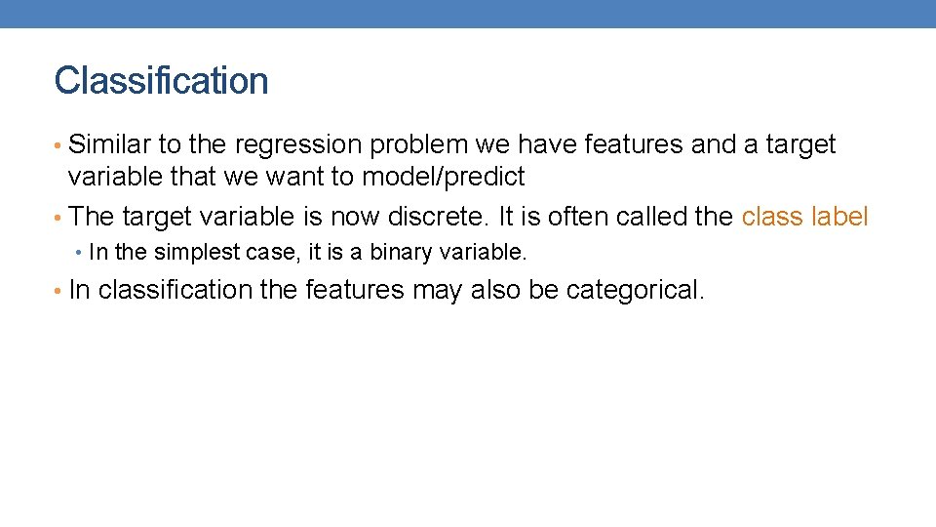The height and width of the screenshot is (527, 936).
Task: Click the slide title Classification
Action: (161, 81)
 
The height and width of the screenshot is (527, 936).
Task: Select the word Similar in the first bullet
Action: (109, 145)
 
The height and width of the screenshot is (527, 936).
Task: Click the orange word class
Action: (772, 217)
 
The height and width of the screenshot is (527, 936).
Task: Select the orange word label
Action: (838, 217)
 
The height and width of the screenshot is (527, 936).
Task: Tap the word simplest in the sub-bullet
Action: (192, 253)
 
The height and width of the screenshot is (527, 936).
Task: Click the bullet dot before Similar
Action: (59, 146)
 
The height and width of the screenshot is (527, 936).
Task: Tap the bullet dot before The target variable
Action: (59, 218)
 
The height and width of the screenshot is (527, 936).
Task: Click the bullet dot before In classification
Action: (59, 291)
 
